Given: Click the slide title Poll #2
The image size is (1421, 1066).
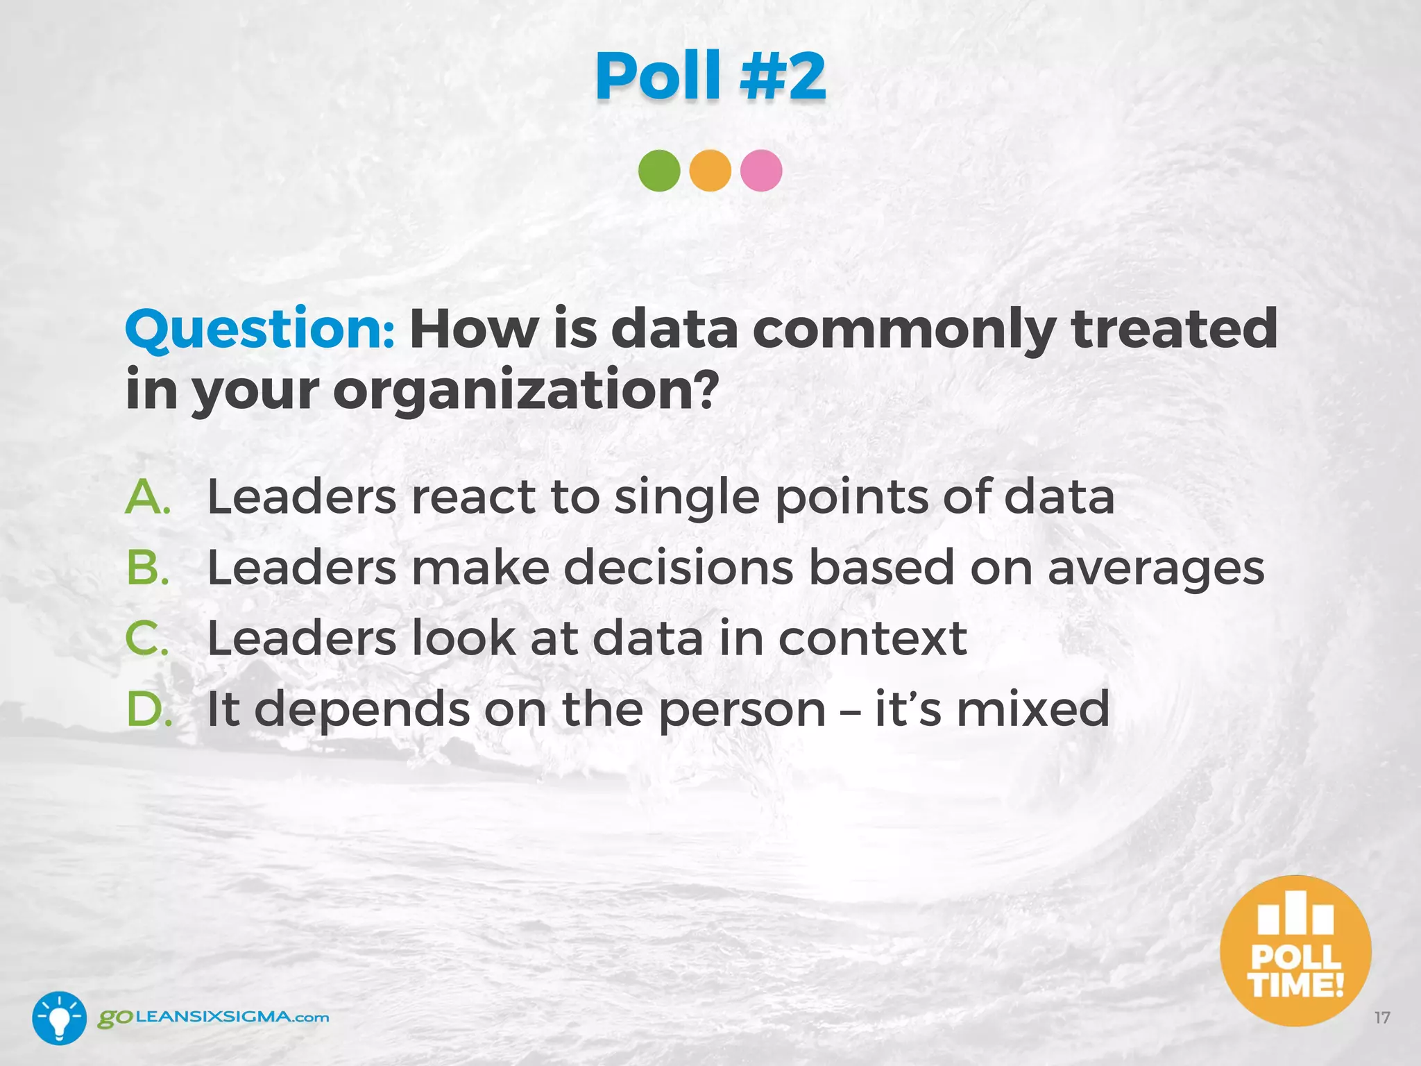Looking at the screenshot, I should pyautogui.click(x=710, y=76).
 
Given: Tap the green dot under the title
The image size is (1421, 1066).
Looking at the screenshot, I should pyautogui.click(x=659, y=171).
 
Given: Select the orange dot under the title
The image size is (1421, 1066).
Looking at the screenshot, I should pyautogui.click(x=710, y=171).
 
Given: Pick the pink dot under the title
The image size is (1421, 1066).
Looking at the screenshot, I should pyautogui.click(x=761, y=171).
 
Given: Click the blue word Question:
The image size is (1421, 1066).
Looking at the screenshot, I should pyautogui.click(x=260, y=330).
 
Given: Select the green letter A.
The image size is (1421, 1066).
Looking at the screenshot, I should pyautogui.click(x=147, y=497).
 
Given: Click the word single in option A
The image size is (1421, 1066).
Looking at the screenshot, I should pyautogui.click(x=686, y=498).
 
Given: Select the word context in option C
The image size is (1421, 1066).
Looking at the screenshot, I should pyautogui.click(x=872, y=638).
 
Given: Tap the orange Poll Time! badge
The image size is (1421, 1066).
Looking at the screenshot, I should pyautogui.click(x=1295, y=951).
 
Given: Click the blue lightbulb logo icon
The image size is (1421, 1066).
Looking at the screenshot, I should pyautogui.click(x=60, y=1017).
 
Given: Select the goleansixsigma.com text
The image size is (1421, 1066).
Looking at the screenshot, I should pyautogui.click(x=213, y=1017).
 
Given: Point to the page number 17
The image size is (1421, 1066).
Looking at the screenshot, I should pyautogui.click(x=1382, y=1018).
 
